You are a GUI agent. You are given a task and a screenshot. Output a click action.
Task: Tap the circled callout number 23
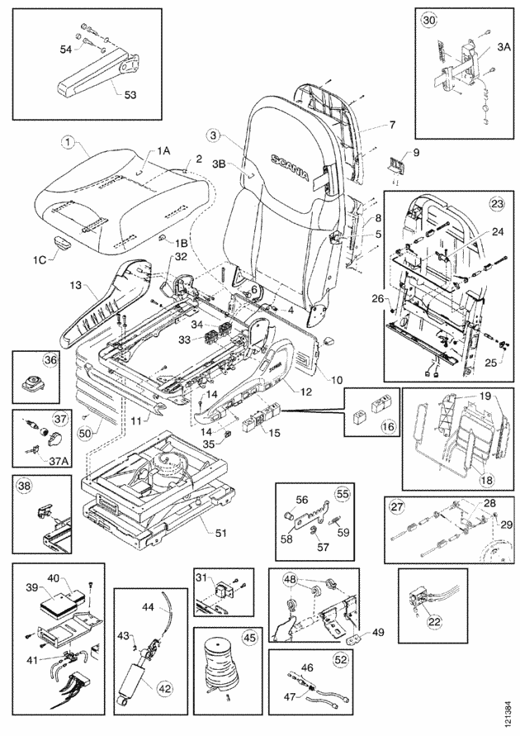pos(496,202)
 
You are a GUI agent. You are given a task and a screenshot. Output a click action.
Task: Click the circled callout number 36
pos(26,361)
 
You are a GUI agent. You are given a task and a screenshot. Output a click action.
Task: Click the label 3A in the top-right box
pos(504,49)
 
